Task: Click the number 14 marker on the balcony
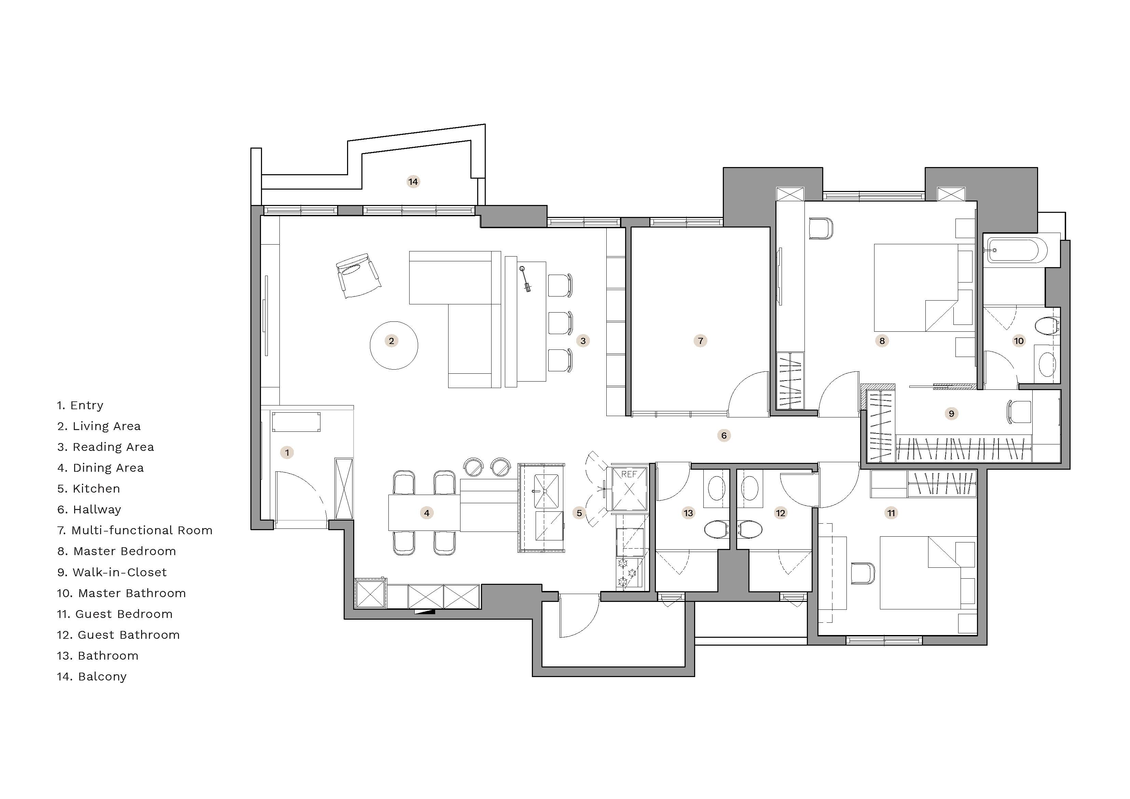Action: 413,182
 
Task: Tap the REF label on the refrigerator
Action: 629,474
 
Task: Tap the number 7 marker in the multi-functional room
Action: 700,341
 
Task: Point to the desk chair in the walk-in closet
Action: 1019,412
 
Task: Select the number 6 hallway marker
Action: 724,435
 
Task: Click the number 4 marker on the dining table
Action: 427,513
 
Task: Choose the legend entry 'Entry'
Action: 80,405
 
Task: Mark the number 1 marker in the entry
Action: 287,452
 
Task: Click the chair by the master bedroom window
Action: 821,229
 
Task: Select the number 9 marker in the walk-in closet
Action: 951,414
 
